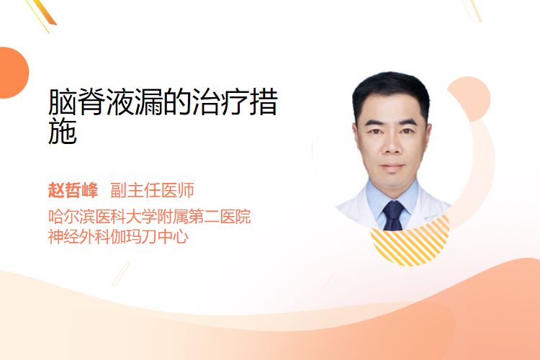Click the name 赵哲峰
tap(73, 190)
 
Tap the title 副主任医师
tap(152, 190)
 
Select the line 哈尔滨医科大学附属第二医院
tap(150, 216)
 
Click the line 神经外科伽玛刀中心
tap(118, 237)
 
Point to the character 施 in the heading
tap(63, 131)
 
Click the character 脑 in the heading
tap(63, 102)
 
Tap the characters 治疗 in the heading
tap(220, 102)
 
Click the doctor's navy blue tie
tap(393, 216)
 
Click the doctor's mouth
tap(392, 166)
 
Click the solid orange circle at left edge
tap(13, 73)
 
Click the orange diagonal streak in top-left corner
tap(44, 12)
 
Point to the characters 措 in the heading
tap(264, 102)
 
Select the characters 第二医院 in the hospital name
tap(220, 216)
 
